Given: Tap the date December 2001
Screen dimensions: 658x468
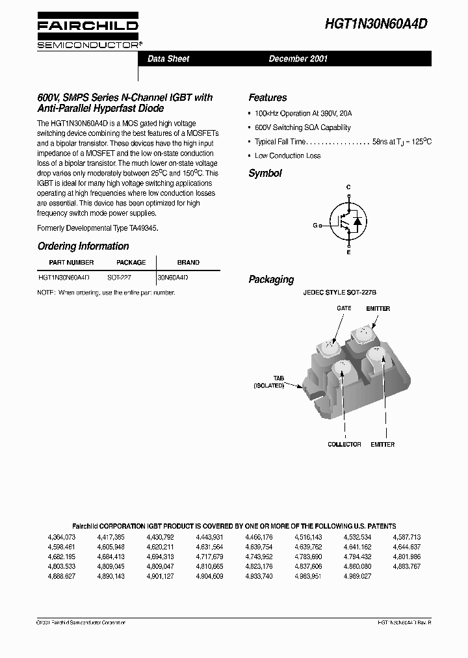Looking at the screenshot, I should click(x=298, y=59).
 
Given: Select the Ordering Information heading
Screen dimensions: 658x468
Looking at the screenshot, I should click(x=83, y=246).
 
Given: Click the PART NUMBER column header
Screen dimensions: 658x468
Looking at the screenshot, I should click(x=71, y=263).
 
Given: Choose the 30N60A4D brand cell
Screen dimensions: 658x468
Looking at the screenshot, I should click(x=173, y=277).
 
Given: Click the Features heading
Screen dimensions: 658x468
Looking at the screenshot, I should click(x=267, y=98).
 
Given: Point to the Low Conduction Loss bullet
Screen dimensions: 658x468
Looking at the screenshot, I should click(x=287, y=156).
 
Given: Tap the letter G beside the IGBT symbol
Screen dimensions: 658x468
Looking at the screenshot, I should click(x=315, y=226).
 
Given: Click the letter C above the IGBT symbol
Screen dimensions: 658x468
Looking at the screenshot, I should click(x=348, y=187).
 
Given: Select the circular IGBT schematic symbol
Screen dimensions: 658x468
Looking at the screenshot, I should click(x=346, y=220).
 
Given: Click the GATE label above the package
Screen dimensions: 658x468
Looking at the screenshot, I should click(x=344, y=308).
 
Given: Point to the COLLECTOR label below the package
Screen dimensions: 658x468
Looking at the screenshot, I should click(x=344, y=445).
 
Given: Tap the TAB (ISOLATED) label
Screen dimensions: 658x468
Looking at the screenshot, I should click(x=269, y=382).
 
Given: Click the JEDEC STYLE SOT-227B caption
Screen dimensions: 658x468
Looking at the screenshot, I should click(x=339, y=293).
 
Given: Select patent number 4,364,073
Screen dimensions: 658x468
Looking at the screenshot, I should click(x=62, y=538).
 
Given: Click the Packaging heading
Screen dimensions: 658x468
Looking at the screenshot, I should click(x=271, y=280).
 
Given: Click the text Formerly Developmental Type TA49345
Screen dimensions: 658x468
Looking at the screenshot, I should click(x=98, y=228).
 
